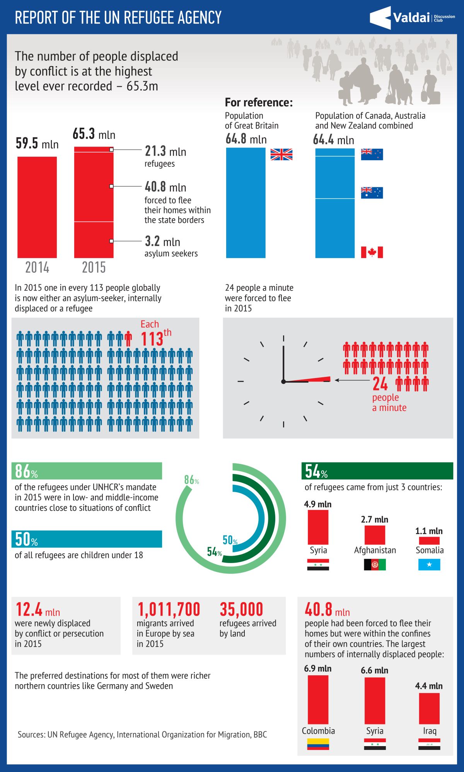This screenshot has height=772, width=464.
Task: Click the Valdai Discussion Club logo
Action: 412,18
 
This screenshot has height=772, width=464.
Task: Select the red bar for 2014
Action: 37,207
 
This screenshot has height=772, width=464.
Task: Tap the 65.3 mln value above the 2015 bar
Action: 94,134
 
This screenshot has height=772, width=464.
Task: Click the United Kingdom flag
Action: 281,154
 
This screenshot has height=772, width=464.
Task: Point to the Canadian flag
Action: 372,252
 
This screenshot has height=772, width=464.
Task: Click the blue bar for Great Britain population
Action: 246,203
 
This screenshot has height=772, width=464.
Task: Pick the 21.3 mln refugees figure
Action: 165,151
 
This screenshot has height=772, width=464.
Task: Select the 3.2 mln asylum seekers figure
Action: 162,241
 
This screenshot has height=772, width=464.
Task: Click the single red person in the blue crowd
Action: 128,339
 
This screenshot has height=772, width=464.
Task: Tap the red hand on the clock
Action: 307,379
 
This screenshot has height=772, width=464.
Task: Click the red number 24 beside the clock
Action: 380,384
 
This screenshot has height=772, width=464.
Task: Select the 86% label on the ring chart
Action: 191,480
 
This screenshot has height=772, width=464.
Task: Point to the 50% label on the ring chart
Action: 230,540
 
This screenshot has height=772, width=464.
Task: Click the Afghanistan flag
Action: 375,565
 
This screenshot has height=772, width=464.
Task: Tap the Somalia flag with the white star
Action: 429,565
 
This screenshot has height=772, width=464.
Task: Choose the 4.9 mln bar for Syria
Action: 318,527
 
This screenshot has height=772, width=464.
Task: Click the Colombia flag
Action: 318,744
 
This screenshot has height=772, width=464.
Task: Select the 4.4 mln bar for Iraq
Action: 429,709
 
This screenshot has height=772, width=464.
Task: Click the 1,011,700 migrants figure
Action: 169,609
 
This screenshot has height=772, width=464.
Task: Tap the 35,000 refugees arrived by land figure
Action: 241,609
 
